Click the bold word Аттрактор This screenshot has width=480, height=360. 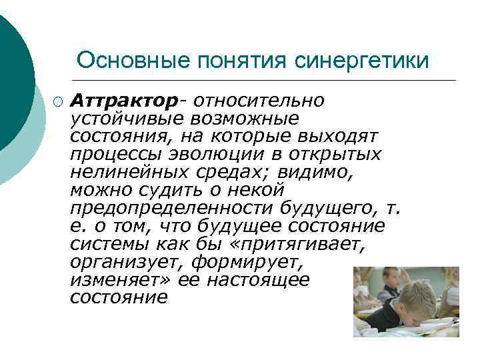(125, 100)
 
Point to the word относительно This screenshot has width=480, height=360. (257, 100)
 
